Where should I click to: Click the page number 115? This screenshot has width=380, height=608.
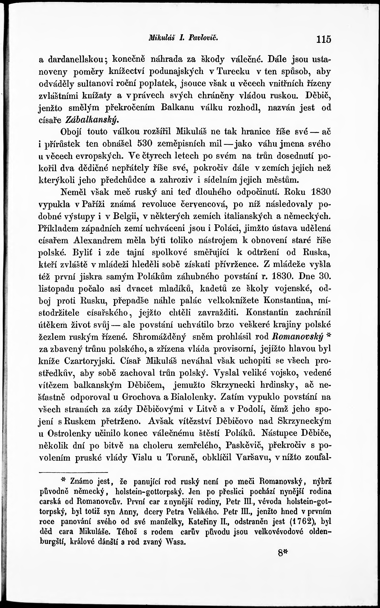tap(324, 39)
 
